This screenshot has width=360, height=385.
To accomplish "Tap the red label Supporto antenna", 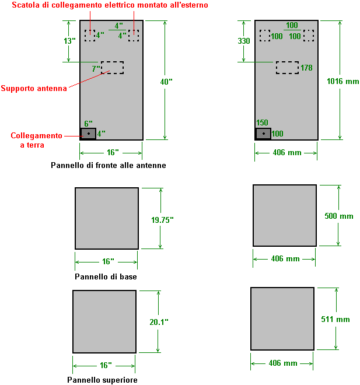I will [x=34, y=89].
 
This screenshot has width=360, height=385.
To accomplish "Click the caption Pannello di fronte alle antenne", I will [x=109, y=166].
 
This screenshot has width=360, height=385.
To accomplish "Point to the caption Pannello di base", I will [x=106, y=276].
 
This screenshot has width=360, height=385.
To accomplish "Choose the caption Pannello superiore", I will [x=102, y=380].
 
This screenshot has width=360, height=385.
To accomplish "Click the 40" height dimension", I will [x=166, y=82].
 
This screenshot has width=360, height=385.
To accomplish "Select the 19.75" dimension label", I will [x=162, y=220].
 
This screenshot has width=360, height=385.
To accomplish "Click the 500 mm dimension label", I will [x=338, y=216].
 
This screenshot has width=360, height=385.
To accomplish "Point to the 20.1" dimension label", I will [x=159, y=322].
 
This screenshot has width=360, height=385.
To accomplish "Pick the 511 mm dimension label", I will [x=335, y=319].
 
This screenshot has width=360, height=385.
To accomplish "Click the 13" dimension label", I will [x=70, y=41].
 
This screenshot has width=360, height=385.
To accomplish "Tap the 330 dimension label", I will [x=244, y=41].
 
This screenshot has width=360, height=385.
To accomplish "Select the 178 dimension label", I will [x=306, y=68].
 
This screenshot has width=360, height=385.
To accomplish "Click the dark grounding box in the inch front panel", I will [x=88, y=134].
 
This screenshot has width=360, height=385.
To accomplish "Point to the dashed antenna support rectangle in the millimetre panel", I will [x=287, y=68].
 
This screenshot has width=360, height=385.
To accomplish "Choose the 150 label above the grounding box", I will [x=263, y=123].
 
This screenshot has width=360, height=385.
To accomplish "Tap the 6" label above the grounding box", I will [x=89, y=124].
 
